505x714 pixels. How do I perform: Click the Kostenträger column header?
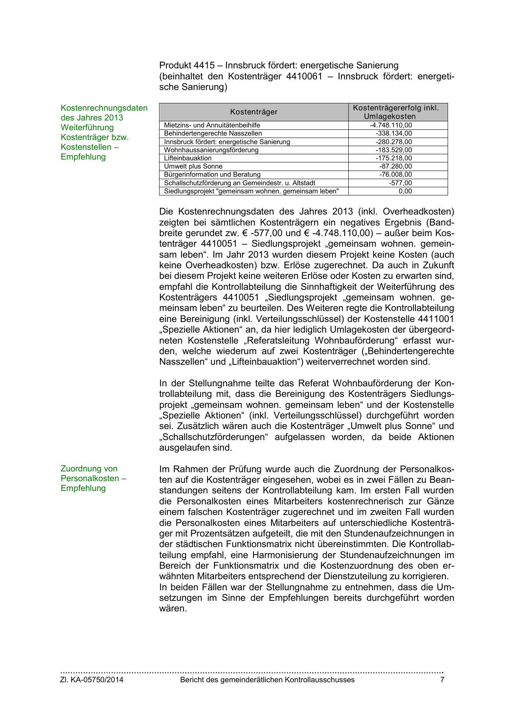pyautogui.click(x=254, y=112)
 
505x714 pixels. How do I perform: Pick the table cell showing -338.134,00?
pyautogui.click(x=394, y=134)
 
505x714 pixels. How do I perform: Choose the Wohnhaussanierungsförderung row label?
pyautogui.click(x=211, y=150)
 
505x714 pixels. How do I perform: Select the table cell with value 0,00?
pyautogui.click(x=405, y=191)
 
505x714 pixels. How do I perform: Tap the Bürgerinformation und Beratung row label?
pyautogui.click(x=212, y=175)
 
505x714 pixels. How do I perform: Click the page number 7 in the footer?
pyautogui.click(x=442, y=680)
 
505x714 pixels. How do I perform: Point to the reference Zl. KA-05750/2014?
pyautogui.click(x=92, y=680)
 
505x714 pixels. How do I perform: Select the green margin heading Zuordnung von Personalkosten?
pyautogui.click(x=93, y=478)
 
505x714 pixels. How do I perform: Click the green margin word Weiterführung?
pyautogui.click(x=87, y=127)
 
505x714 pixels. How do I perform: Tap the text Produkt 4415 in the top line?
pyautogui.click(x=186, y=66)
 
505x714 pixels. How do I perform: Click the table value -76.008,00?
pyautogui.click(x=395, y=175)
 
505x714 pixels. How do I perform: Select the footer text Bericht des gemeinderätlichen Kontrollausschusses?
pyautogui.click(x=267, y=680)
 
